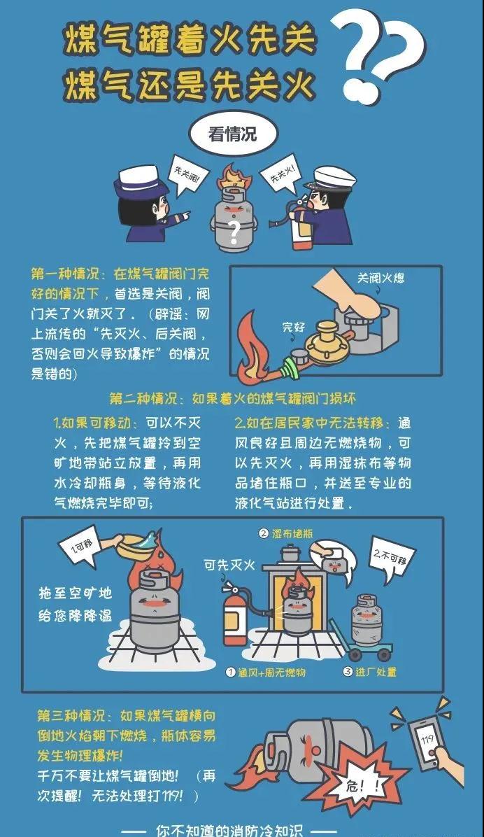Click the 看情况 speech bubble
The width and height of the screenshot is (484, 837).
click(233, 133)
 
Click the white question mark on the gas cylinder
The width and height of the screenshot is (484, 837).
click(233, 232)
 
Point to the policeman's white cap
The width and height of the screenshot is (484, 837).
click(334, 178)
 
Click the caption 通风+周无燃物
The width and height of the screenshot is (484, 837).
click(266, 672)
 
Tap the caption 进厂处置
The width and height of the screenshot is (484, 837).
click(370, 672)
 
